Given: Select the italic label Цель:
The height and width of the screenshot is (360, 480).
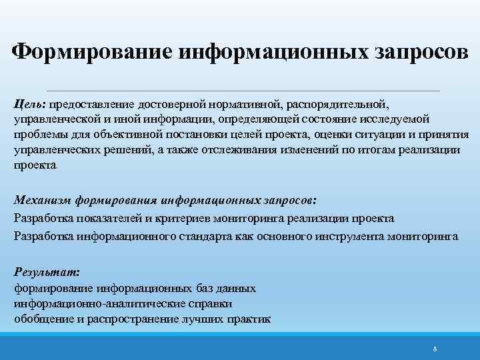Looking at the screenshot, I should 29,104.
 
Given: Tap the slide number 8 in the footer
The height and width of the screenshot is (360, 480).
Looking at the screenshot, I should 435,349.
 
